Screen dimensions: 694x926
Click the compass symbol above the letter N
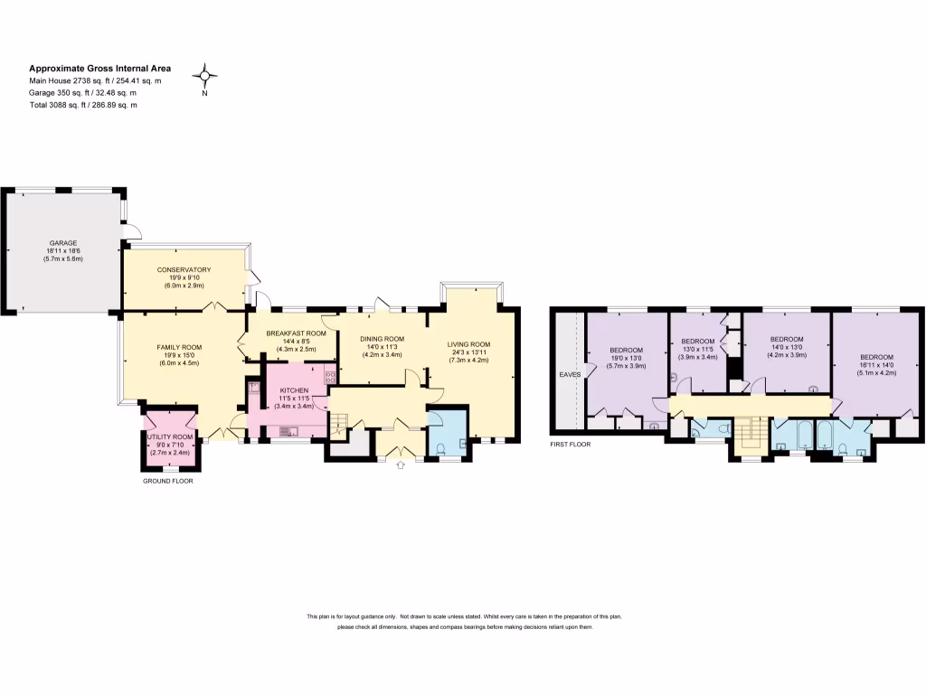click(205, 75)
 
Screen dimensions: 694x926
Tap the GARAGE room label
click(63, 243)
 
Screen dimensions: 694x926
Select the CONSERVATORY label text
click(184, 269)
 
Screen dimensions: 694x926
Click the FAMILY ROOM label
click(179, 347)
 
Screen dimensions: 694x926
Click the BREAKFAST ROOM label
click(296, 333)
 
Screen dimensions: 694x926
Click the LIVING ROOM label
click(468, 343)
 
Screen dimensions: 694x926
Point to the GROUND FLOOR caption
click(168, 481)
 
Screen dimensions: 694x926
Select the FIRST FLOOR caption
click(570, 445)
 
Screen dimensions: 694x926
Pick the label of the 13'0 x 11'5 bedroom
click(698, 341)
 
